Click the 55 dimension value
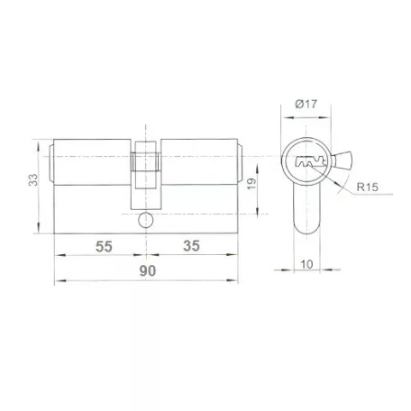pyautogui.click(x=104, y=247)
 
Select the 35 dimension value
pyautogui.click(x=191, y=246)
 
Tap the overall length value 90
pyautogui.click(x=148, y=271)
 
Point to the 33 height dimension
pyautogui.click(x=33, y=179)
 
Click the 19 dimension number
pyautogui.click(x=251, y=184)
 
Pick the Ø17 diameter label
pyautogui.click(x=306, y=104)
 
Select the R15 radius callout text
pyautogui.click(x=367, y=187)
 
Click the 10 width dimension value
pyautogui.click(x=306, y=264)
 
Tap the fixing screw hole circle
pyautogui.click(x=146, y=220)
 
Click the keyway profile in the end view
pyautogui.click(x=311, y=162)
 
